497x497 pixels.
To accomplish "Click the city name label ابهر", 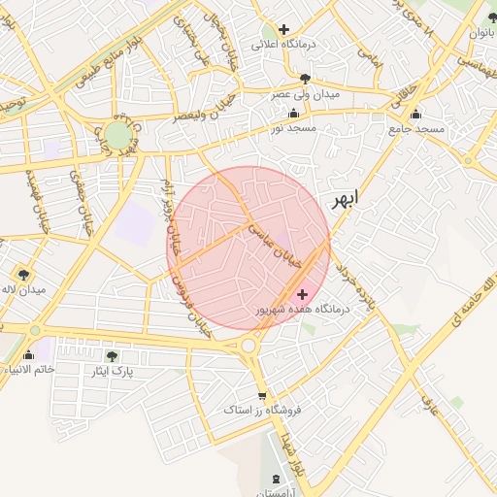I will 344,199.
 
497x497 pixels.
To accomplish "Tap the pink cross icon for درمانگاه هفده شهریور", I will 302,293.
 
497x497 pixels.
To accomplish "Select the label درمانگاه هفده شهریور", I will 294,310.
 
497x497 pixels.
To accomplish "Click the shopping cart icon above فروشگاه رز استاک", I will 262,395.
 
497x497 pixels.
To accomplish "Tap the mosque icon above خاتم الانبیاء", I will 27,354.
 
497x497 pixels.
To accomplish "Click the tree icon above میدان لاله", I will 22,274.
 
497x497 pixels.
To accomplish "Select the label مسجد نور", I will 293,128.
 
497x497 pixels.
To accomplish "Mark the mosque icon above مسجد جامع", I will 416,113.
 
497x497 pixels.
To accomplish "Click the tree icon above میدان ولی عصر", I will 306,79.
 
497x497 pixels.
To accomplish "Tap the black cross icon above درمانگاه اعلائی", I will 283,29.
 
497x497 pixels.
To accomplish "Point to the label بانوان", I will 482,32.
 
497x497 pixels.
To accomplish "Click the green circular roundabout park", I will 116,134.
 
